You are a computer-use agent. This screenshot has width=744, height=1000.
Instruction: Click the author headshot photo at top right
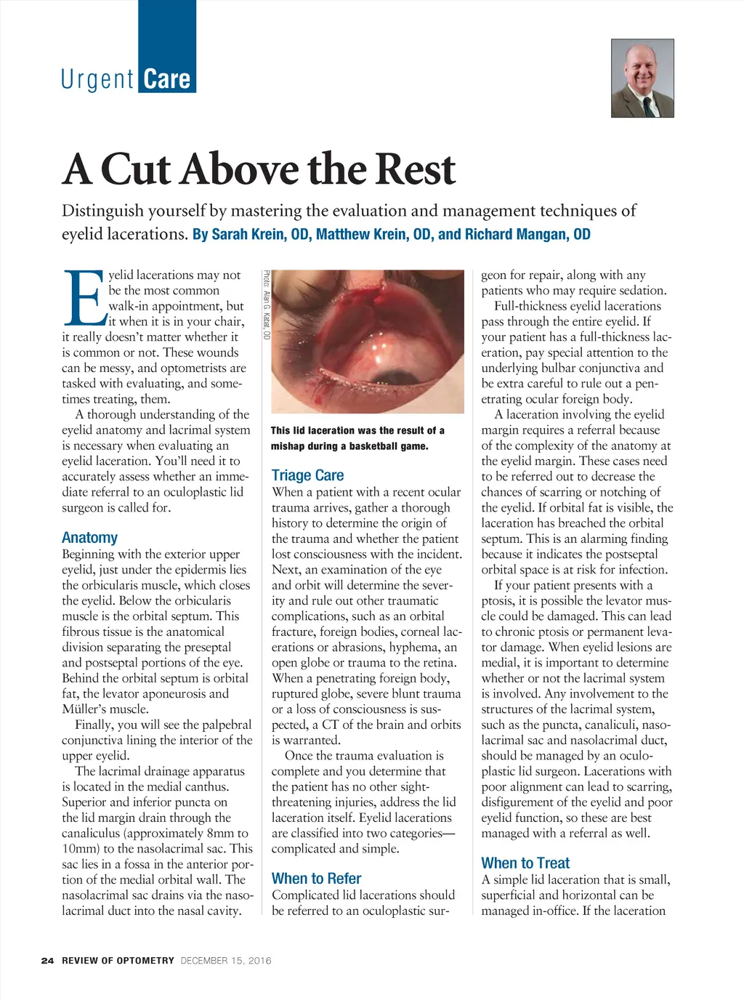642,78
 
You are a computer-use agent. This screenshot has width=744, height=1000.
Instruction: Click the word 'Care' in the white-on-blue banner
166,79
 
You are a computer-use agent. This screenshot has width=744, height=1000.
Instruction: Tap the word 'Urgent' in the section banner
98,79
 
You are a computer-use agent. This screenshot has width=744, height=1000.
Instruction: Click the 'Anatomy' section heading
89,538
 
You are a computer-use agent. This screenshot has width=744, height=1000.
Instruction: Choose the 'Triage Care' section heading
307,475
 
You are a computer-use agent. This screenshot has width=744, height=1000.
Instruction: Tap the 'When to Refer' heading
316,879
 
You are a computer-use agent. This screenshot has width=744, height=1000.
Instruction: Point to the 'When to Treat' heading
525,863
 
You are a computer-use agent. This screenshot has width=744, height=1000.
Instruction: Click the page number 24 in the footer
47,961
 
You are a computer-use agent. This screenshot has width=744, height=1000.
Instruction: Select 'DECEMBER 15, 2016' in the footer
226,961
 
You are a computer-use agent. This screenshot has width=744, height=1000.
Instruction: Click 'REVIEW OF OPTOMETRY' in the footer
118,961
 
